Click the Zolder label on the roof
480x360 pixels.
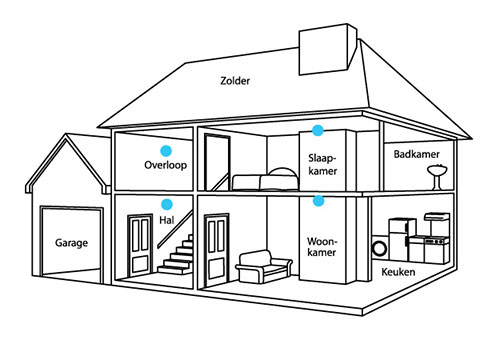(235, 81)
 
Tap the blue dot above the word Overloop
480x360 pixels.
(166, 151)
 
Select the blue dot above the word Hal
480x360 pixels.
(166, 204)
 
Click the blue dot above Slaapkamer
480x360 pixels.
(318, 130)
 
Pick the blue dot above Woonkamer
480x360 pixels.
(319, 200)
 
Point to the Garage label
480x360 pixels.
(71, 243)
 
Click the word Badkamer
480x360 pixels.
(417, 154)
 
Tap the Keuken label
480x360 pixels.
(398, 272)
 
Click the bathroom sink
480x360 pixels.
(437, 177)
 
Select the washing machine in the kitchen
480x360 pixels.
(380, 248)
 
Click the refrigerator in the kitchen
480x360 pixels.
(402, 238)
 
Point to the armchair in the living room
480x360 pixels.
(263, 267)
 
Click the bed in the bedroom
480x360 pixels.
(265, 179)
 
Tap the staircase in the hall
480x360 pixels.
(176, 255)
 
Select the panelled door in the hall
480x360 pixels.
(140, 245)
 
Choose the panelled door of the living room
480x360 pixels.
(217, 250)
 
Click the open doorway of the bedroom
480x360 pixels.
(217, 162)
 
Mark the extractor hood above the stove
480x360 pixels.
(437, 217)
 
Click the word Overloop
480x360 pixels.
(166, 165)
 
